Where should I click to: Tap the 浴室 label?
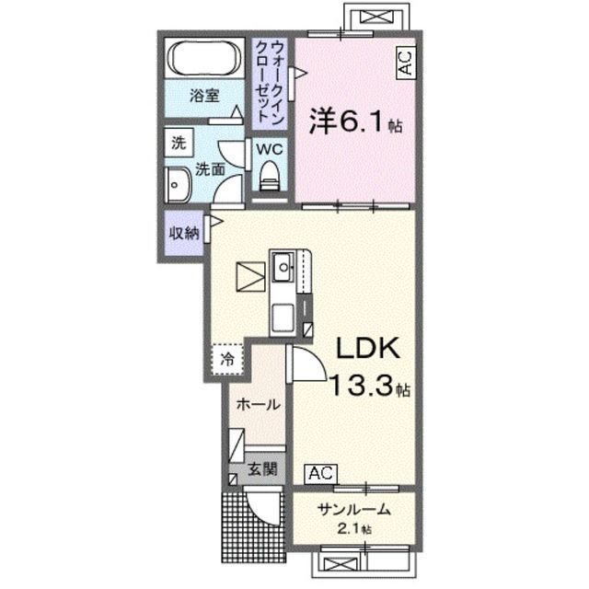205,95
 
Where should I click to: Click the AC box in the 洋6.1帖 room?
404,64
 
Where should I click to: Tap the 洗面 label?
210,168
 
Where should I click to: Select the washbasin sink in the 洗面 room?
174,184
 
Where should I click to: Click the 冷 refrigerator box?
227,358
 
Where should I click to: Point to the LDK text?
365,349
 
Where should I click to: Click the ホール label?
258,404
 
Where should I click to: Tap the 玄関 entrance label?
262,469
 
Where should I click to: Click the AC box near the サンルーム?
321,474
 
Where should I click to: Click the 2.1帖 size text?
354,530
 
